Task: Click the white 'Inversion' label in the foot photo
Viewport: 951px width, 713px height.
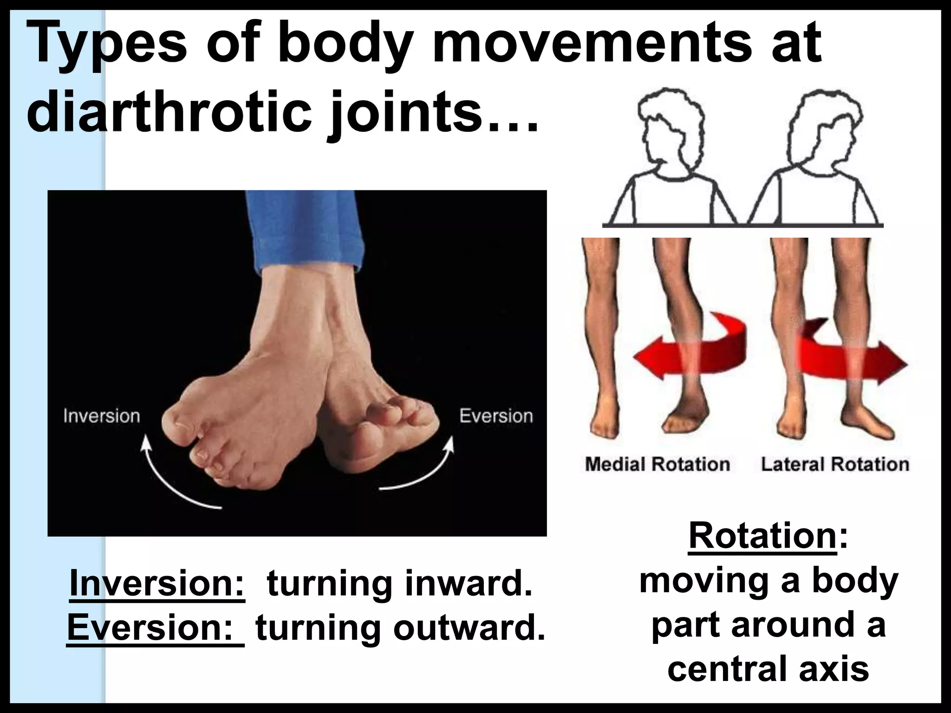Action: (101, 416)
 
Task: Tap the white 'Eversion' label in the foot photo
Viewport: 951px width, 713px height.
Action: (496, 416)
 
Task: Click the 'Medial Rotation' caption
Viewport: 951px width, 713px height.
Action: (657, 464)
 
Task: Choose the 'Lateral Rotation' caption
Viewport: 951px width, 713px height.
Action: (834, 464)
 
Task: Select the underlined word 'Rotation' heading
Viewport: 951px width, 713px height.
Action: (762, 536)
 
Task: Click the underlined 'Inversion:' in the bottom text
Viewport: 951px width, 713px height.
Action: (157, 584)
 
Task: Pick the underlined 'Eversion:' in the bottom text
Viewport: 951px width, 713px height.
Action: (156, 628)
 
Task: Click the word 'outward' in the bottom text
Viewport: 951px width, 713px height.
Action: (469, 628)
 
